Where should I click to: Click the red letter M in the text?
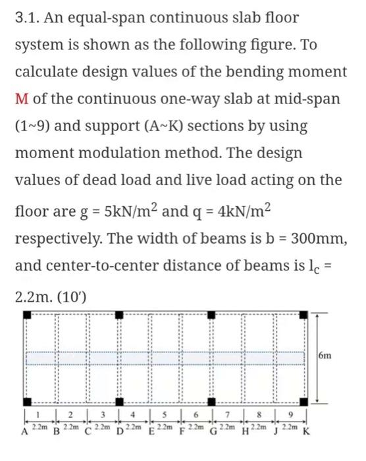pyautogui.click(x=20, y=98)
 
